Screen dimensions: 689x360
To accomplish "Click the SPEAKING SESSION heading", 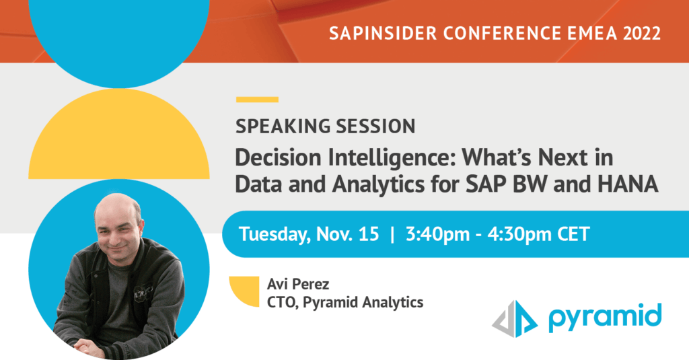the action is click(x=325, y=127).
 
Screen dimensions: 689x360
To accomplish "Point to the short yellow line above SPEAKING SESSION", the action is click(x=257, y=100).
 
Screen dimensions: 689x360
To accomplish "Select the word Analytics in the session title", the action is click(x=378, y=185).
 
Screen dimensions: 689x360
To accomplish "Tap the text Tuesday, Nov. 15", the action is click(x=308, y=234).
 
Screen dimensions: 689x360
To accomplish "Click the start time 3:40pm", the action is click(x=437, y=234).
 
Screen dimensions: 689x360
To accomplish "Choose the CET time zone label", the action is click(x=573, y=234).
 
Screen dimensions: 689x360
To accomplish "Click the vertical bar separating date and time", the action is click(x=392, y=234).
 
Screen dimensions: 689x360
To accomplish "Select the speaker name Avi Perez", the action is click(x=298, y=284).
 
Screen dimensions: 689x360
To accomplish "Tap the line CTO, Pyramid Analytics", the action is click(x=345, y=302).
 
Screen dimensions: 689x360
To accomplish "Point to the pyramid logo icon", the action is click(x=515, y=319).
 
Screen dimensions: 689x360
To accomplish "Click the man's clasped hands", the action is click(x=89, y=348).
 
